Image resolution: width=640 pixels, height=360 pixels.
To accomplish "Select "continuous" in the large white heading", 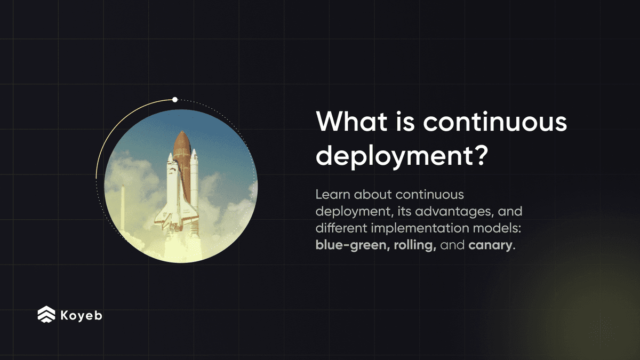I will [x=495, y=123].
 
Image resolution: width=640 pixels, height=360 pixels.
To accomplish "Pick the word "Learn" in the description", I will [x=331, y=194].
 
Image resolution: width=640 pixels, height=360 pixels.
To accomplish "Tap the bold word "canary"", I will [x=490, y=247].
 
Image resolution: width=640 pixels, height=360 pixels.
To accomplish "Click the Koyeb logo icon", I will [x=46, y=315].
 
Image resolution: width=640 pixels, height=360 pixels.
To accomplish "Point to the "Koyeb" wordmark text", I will [x=81, y=315].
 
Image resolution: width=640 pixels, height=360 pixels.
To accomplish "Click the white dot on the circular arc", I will [x=174, y=100].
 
